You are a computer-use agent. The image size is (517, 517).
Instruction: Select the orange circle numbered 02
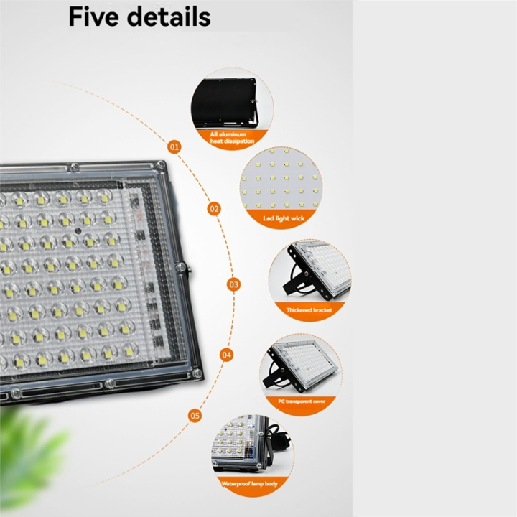click(214, 209)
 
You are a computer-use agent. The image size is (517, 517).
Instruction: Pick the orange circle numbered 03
click(233, 284)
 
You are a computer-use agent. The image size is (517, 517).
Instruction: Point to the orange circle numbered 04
click(227, 354)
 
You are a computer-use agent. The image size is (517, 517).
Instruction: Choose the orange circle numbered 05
click(195, 415)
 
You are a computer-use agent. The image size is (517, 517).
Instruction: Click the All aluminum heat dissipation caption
click(232, 138)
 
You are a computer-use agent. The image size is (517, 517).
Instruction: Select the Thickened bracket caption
click(309, 309)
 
